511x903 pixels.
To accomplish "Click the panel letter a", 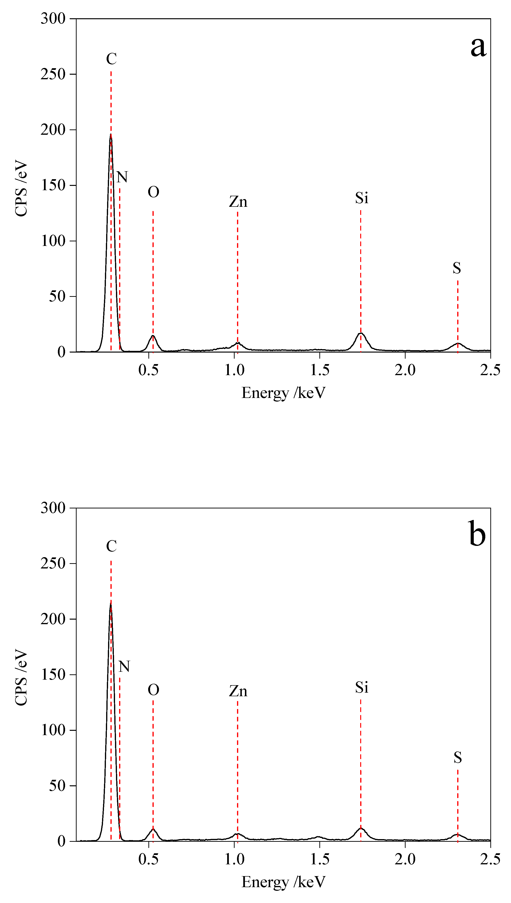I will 478,47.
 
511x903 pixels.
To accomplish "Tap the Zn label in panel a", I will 238,202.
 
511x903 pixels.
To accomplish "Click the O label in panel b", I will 153,690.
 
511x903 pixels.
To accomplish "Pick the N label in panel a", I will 122,177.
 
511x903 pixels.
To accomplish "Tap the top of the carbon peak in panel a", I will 111,135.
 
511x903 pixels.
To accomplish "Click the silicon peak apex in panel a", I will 361,333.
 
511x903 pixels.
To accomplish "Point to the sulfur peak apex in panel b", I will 457,835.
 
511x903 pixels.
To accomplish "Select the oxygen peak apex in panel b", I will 153,829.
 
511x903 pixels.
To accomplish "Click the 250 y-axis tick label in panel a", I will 53,74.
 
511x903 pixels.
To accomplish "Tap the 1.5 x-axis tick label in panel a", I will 320,370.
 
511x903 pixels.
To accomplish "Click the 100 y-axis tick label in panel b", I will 53,730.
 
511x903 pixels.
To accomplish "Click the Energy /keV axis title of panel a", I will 284,393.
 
